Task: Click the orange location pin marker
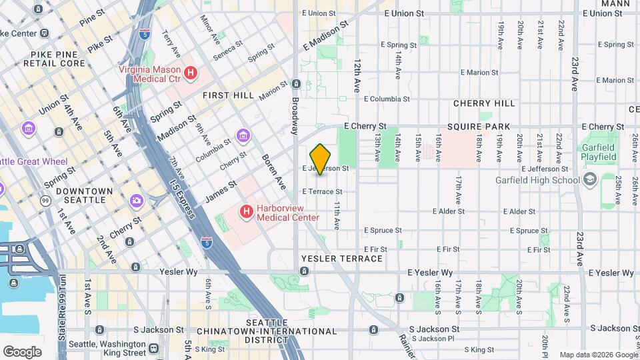[x=321, y=159]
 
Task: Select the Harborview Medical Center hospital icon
[x=247, y=212]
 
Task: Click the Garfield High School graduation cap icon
[x=589, y=180]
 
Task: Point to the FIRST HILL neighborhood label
[x=229, y=95]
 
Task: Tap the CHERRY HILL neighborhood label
[x=484, y=104]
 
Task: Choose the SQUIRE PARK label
[x=479, y=127]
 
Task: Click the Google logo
[x=22, y=351]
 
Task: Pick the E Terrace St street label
[x=322, y=191]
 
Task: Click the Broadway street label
[x=294, y=116]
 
